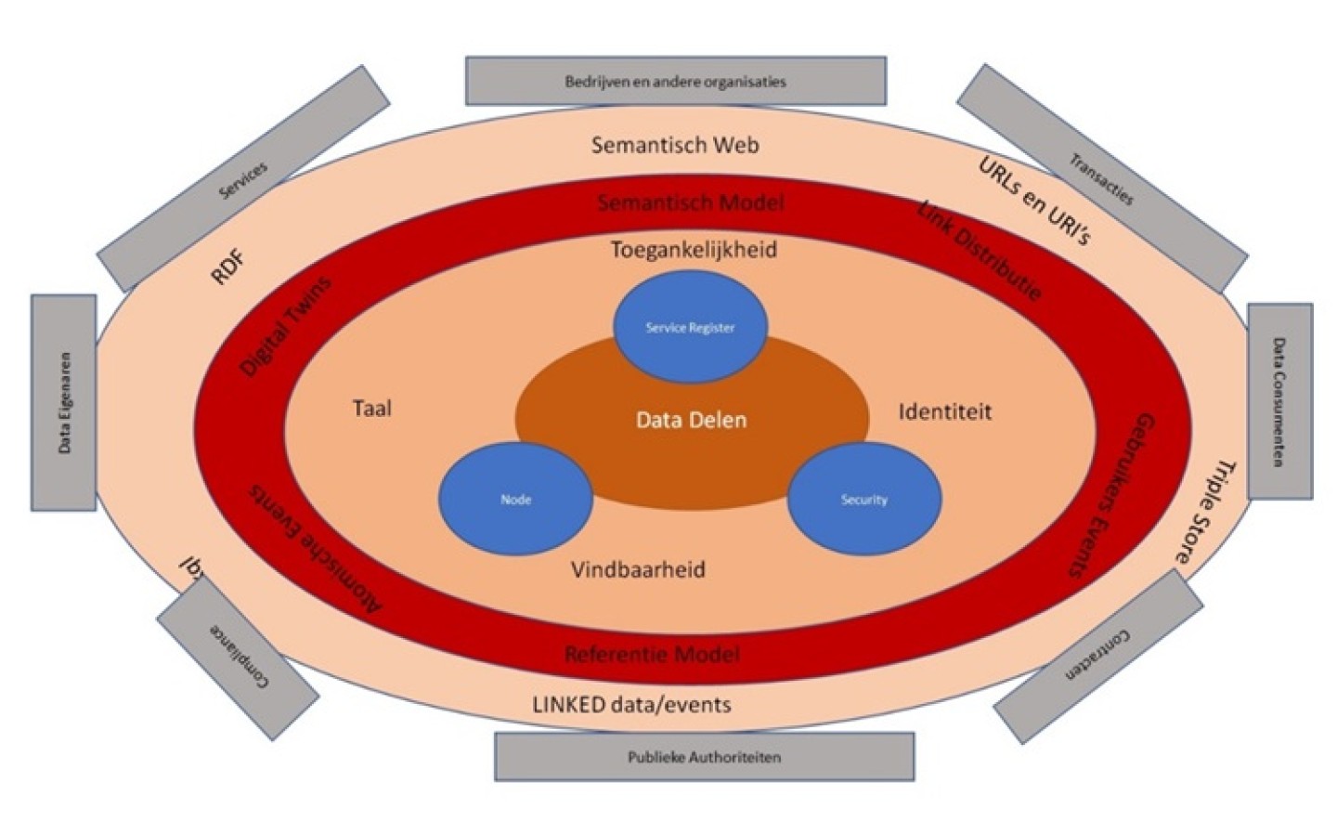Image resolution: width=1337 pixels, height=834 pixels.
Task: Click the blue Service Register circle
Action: (690, 327)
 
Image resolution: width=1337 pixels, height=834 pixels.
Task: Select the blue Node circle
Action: (515, 500)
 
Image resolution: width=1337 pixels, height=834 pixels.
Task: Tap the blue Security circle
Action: (864, 500)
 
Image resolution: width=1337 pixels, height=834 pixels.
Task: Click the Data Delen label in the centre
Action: (691, 421)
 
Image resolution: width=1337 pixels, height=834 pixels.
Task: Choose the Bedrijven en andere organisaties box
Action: (675, 82)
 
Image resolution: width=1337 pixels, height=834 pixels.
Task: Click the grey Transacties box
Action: (1101, 179)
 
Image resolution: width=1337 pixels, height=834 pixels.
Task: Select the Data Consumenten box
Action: (1279, 401)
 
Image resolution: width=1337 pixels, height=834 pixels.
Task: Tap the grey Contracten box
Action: (1098, 656)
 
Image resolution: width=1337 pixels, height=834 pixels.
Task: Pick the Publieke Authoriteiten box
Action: (704, 757)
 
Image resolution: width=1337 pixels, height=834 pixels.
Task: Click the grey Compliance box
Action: (238, 657)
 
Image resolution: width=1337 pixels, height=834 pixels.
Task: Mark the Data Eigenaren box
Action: (64, 402)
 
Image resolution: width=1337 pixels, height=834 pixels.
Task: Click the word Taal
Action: (372, 409)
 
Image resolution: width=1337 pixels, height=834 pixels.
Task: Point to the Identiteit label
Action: (944, 411)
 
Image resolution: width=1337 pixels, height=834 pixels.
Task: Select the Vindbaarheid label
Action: (638, 569)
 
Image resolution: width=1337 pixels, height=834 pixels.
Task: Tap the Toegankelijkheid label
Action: (694, 250)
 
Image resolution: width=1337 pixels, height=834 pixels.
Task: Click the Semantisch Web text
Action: (675, 145)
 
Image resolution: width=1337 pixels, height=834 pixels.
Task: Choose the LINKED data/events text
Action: (631, 705)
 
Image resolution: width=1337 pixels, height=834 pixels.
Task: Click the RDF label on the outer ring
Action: (228, 267)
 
